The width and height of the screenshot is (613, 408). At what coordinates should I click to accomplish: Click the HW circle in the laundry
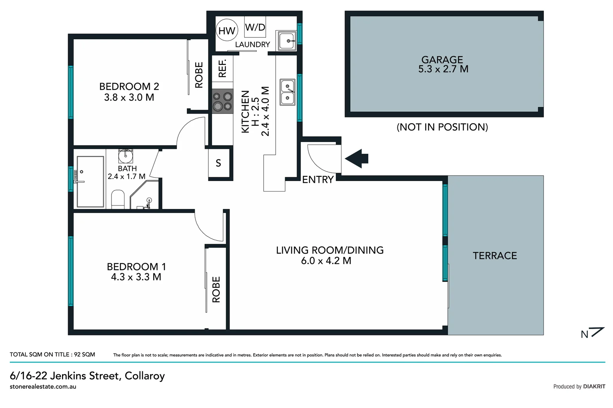(227, 31)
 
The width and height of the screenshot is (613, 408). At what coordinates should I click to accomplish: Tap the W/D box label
(255, 27)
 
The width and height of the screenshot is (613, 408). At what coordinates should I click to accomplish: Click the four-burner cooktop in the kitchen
(222, 101)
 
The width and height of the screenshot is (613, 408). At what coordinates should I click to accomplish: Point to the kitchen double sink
(287, 92)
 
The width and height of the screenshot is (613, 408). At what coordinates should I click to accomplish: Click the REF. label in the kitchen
(222, 68)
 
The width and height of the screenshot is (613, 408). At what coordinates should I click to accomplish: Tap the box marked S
(219, 163)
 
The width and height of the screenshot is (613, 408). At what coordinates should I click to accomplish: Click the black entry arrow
(357, 158)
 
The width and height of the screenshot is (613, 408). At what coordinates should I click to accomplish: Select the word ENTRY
(318, 180)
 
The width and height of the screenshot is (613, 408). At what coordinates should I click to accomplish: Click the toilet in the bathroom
(118, 199)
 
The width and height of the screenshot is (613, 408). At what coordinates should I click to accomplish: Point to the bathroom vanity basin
(126, 155)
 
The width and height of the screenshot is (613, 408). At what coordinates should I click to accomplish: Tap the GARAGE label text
(442, 60)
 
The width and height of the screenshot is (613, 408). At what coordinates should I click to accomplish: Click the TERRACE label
(495, 256)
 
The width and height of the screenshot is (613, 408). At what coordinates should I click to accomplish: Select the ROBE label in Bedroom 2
(199, 75)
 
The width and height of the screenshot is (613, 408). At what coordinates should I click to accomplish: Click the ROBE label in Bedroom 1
(216, 289)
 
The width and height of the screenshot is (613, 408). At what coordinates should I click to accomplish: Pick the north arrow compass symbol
(592, 333)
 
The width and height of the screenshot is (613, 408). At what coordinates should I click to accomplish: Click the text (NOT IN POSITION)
(442, 127)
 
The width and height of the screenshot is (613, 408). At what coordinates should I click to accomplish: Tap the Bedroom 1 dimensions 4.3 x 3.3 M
(136, 277)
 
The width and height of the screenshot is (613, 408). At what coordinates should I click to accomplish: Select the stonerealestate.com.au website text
(43, 386)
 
